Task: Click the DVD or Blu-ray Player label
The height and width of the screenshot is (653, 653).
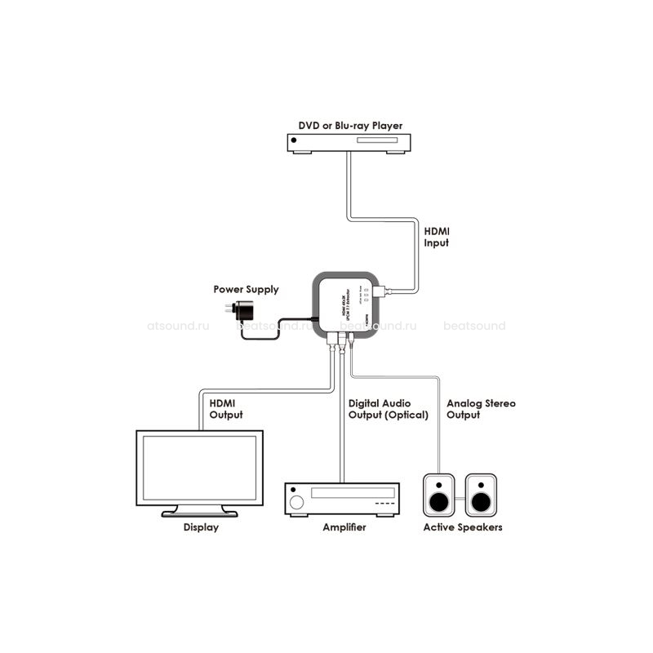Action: pos(349,126)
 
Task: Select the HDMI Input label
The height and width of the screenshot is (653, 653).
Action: pos(437,238)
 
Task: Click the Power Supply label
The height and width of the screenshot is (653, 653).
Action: pos(246,289)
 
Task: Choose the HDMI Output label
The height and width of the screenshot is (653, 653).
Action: pos(226,408)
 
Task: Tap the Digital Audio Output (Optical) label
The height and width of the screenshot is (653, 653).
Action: pos(388,409)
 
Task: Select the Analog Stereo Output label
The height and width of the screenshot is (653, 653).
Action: pos(481,409)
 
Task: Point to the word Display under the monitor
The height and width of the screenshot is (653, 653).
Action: pos(200,527)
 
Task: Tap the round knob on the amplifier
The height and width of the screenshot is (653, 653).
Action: pos(297,500)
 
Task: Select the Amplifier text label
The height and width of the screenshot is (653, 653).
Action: pos(344,527)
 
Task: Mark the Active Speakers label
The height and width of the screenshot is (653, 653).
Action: pos(462,527)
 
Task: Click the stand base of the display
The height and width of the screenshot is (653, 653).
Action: pos(199,513)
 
